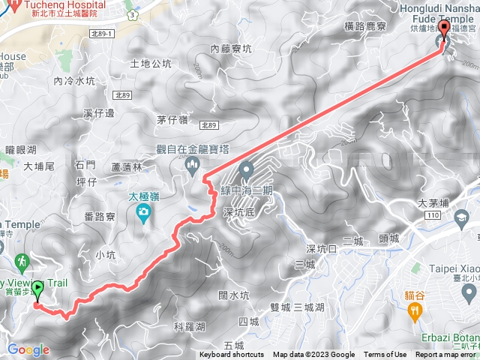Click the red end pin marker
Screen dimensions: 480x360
tap(443, 30)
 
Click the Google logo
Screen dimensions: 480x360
tap(28, 349)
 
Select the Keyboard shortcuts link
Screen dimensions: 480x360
tap(232, 355)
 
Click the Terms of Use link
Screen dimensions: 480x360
tap(385, 355)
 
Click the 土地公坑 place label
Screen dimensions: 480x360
tap(151, 64)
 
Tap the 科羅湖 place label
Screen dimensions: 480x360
tap(189, 327)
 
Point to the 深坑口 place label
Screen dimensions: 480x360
tap(322, 248)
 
